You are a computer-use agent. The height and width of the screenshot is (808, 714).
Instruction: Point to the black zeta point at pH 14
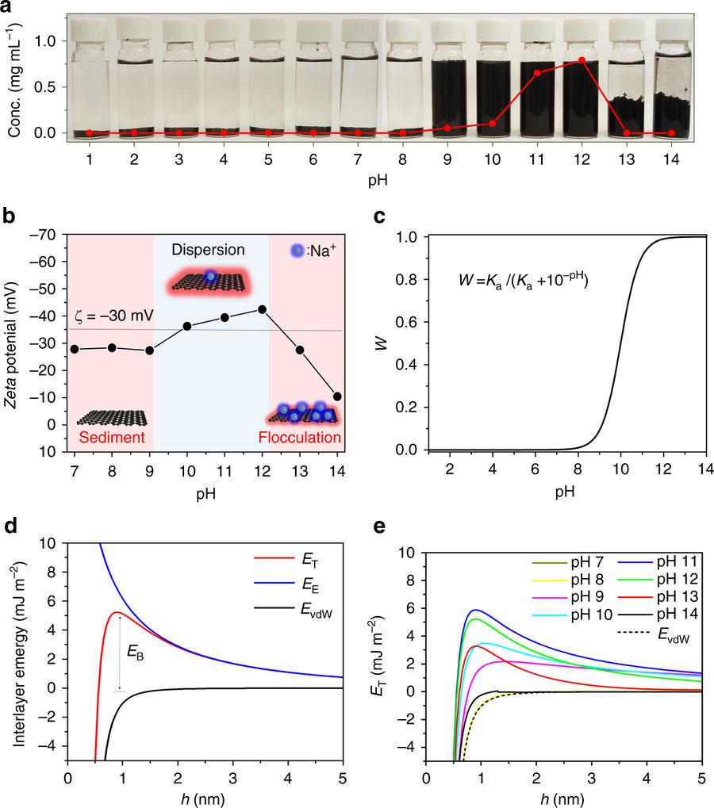[x=337, y=396]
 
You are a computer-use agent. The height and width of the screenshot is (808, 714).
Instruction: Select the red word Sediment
[x=110, y=437]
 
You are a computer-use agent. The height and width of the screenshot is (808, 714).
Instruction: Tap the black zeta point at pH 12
[x=263, y=309]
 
